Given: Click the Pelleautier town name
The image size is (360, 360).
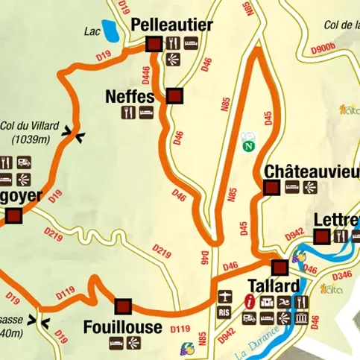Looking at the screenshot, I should pyautogui.click(x=171, y=25).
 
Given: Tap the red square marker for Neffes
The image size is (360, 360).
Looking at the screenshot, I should pyautogui.click(x=174, y=96).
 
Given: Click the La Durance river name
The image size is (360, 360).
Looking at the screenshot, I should pyautogui.click(x=259, y=336).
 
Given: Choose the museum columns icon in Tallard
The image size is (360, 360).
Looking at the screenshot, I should pyautogui.click(x=302, y=318).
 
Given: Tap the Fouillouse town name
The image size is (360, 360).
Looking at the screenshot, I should pyautogui.click(x=122, y=326).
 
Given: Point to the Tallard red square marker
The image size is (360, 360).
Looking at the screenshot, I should pyautogui.click(x=280, y=267).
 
